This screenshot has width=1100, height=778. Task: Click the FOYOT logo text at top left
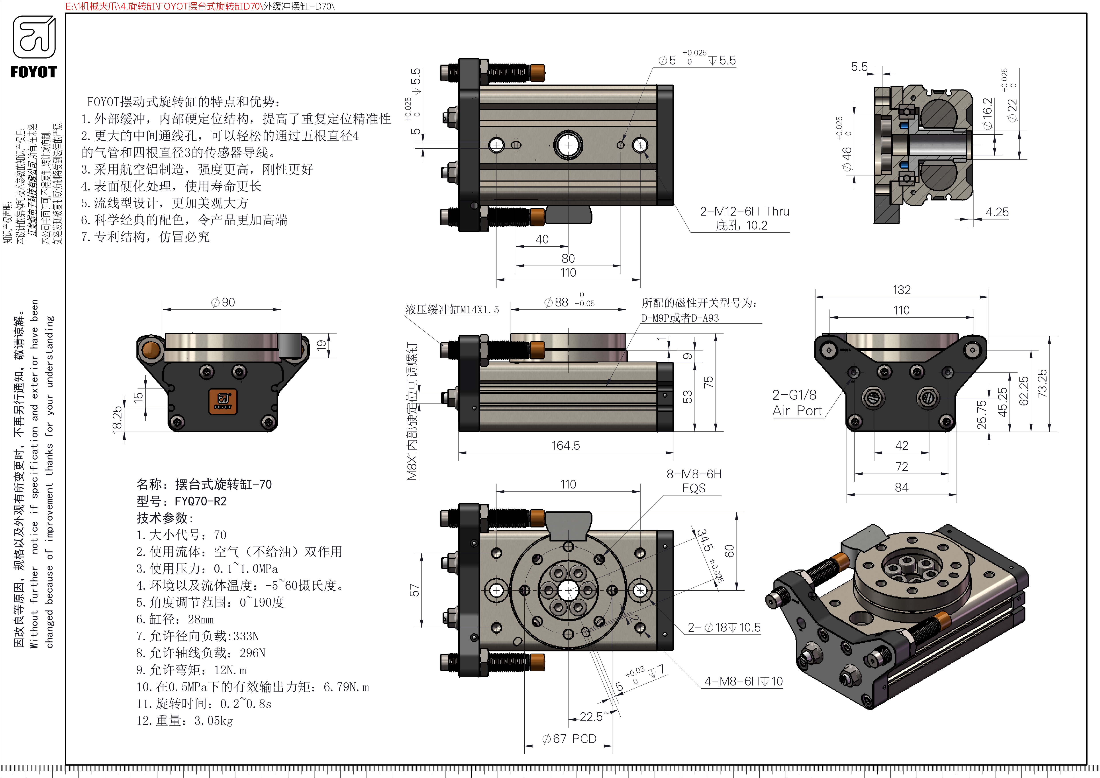pos(33,72)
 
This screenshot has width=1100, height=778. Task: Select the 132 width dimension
pos(901,290)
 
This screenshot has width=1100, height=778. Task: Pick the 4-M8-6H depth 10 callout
pos(743,681)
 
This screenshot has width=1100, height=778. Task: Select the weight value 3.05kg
pos(213,721)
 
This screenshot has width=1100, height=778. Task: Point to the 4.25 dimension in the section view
pos(996,212)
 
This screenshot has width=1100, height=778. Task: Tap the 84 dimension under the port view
pos(901,488)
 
